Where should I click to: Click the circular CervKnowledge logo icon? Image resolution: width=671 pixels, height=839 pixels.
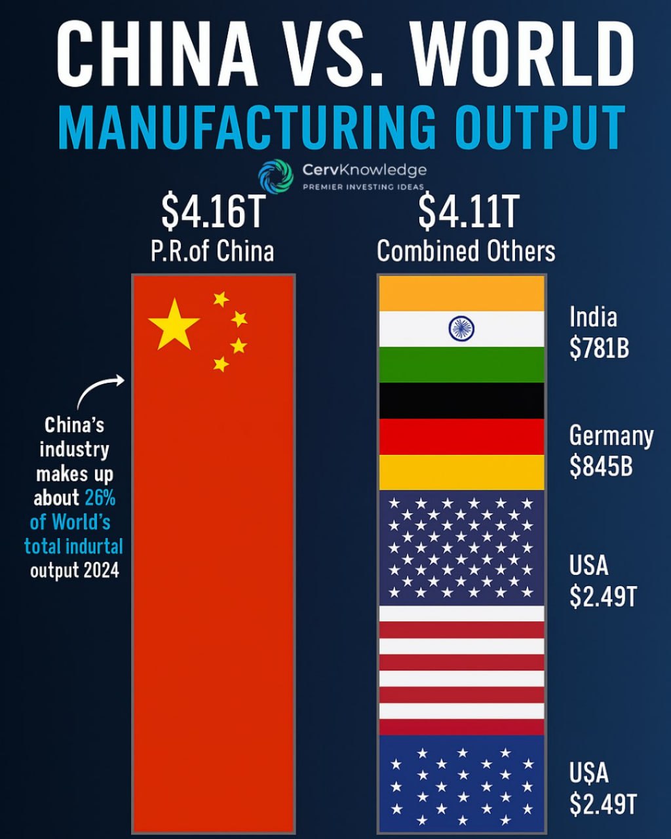pyautogui.click(x=275, y=175)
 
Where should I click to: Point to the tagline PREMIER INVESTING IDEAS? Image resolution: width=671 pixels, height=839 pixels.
pyautogui.click(x=363, y=187)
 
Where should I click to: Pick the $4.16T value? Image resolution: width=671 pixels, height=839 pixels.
pyautogui.click(x=212, y=212)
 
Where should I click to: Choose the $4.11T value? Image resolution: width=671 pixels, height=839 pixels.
pyautogui.click(x=467, y=212)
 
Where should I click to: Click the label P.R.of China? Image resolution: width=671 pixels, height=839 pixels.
pyautogui.click(x=212, y=251)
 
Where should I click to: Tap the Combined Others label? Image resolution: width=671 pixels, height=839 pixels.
pyautogui.click(x=466, y=251)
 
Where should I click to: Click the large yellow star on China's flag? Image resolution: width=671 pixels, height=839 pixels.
pyautogui.click(x=174, y=324)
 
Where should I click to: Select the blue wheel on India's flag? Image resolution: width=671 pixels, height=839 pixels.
pyautogui.click(x=462, y=328)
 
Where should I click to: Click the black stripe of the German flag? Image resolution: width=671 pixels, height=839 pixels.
pyautogui.click(x=462, y=400)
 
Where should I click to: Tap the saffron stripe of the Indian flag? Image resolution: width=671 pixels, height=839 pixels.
pyautogui.click(x=462, y=292)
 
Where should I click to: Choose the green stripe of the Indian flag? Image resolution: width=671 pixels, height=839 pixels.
pyautogui.click(x=462, y=364)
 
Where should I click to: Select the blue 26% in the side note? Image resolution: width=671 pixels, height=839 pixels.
pyautogui.click(x=100, y=498)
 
